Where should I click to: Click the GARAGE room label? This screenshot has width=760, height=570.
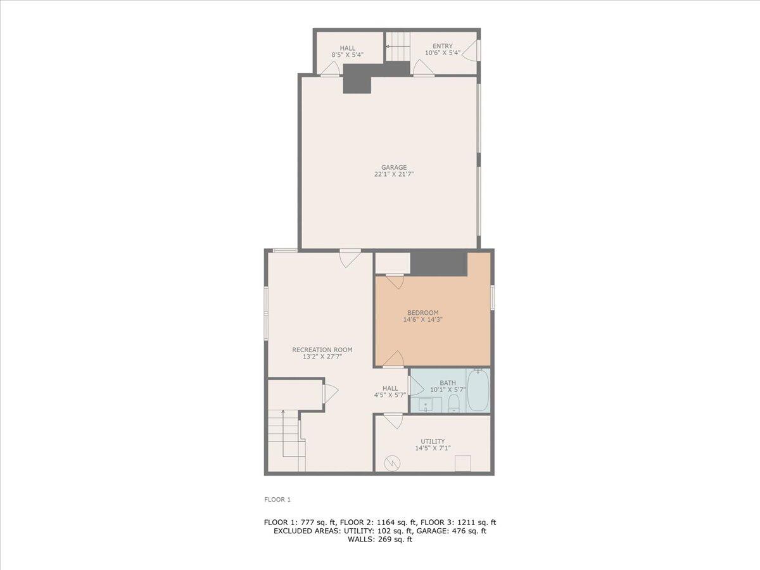(394, 167)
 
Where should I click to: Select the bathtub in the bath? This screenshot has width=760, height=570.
(478, 390)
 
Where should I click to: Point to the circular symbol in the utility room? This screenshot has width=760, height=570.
(393, 463)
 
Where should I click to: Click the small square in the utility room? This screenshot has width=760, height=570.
(463, 463)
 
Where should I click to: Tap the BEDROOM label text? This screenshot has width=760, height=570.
(422, 312)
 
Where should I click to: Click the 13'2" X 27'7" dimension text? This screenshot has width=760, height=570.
(322, 357)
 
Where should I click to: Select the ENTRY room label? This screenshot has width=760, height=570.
(443, 46)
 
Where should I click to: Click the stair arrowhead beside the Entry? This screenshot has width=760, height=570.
(388, 46)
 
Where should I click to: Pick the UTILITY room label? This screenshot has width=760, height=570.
(433, 441)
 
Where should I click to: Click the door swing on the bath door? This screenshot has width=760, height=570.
(415, 386)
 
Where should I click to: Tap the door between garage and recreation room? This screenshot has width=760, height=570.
(350, 257)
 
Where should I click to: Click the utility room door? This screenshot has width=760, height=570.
(393, 421)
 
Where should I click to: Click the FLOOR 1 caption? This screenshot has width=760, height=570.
(277, 499)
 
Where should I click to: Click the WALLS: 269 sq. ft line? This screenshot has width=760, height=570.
(380, 540)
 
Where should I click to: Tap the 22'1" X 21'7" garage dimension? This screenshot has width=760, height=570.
(394, 175)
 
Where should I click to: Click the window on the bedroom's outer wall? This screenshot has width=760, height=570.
(492, 298)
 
